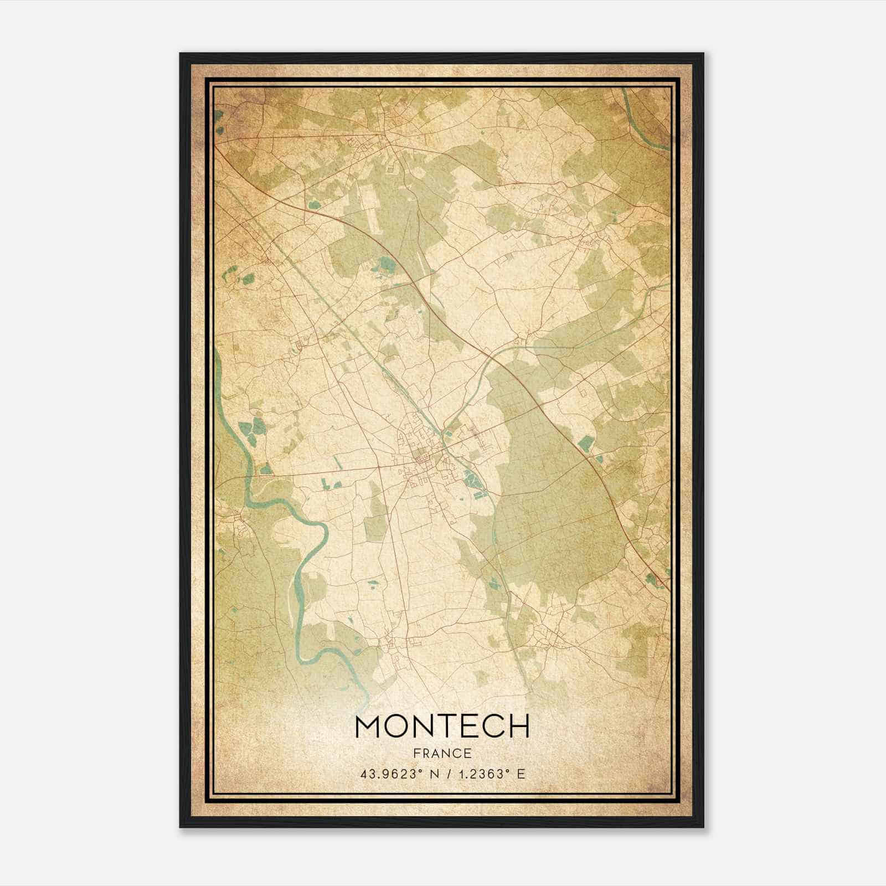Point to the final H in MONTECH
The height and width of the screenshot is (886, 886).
[519, 726]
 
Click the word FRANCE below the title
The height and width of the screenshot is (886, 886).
[442, 753]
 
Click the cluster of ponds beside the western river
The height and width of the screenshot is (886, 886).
[253, 429]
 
